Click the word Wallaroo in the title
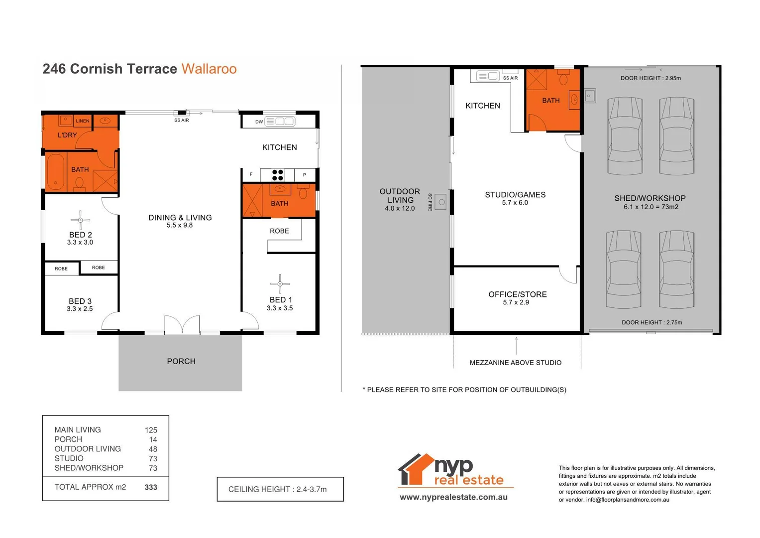point(209,69)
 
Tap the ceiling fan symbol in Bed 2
point(80,220)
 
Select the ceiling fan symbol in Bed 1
point(280,284)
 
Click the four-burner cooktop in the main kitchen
point(278,175)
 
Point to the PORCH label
point(181,361)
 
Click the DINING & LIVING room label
point(180,218)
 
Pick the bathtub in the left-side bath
point(55,171)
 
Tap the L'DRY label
point(67,135)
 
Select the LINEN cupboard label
point(83,121)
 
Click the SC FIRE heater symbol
point(440,202)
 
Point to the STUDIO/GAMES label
point(515,195)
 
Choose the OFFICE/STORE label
point(518,294)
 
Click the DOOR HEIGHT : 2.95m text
point(651,78)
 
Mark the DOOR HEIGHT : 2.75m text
point(651,322)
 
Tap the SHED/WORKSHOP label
point(650,198)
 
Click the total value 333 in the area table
point(151,487)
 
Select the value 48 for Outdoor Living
point(153,449)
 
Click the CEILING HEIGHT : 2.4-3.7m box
point(280,489)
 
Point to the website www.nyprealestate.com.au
point(453,497)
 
